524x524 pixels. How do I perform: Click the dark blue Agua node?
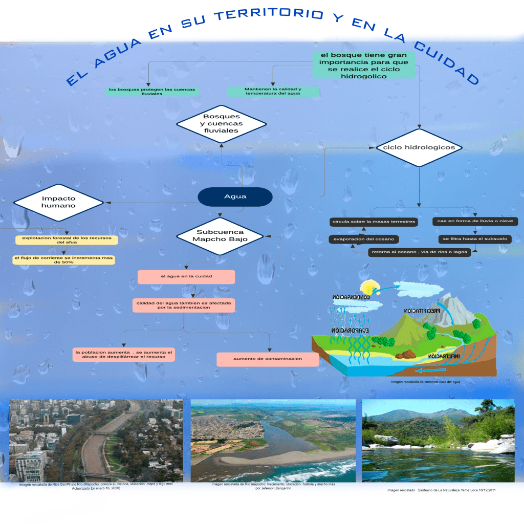pos(235,196)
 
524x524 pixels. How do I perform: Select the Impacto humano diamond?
pos(58,202)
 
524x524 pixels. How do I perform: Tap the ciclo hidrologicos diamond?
pos(419,147)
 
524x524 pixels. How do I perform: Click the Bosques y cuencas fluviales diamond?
pos(221,124)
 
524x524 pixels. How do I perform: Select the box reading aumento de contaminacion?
pos(268,359)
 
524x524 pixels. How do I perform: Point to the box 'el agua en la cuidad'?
pos(186,277)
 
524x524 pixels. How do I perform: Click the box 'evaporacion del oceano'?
pos(363,239)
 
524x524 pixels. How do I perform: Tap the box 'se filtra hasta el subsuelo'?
pos(475,239)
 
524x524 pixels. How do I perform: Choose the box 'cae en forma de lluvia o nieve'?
pos(475,222)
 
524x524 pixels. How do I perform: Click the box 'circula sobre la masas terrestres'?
pos(374,222)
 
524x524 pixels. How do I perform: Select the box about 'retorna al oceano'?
pos(419,252)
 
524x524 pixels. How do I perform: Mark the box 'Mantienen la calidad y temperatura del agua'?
pos(273,92)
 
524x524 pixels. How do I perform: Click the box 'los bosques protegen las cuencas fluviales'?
pos(151,92)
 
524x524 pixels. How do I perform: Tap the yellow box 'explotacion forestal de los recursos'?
pos(67,240)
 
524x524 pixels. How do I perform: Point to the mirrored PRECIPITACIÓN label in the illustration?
pos(422,311)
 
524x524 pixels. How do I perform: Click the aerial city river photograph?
pos(96,440)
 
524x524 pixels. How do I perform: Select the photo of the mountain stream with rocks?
pos(438,440)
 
